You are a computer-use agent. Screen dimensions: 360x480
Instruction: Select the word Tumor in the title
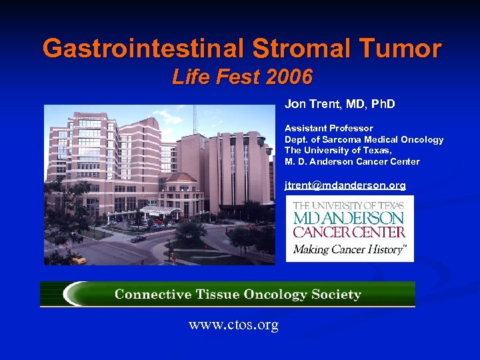pos(402,48)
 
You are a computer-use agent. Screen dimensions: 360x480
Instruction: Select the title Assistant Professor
pos(329,128)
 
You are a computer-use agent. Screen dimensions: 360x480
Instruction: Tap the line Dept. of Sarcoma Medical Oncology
pos(363,139)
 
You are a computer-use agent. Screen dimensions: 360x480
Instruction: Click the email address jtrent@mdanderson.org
pos(345,185)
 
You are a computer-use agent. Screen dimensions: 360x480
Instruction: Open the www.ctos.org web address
pos(233,325)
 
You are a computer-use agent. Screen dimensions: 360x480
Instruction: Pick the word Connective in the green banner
pos(149,294)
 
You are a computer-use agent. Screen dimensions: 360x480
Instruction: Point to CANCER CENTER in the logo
pos(349,232)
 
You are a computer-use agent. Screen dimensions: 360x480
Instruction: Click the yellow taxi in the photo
pos(78,259)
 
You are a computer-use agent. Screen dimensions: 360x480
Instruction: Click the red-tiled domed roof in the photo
pos(181,178)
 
